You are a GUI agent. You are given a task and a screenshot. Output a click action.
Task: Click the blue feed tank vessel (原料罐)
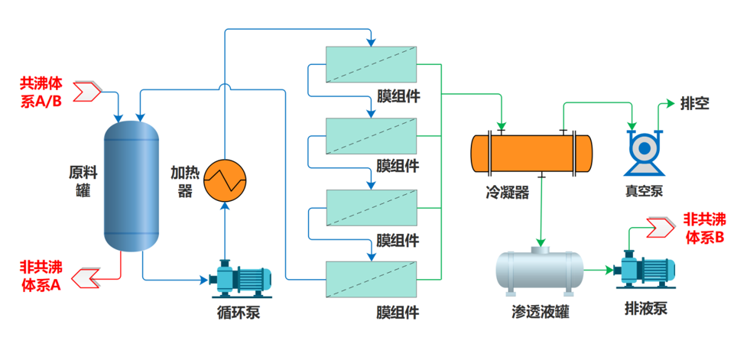pos(131,183)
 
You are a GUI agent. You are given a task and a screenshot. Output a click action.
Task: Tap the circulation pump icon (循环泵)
pos(241,279)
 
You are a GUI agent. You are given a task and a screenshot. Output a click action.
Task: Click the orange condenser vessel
pos(531,153)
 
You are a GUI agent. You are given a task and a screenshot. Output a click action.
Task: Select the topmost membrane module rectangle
pos(372,64)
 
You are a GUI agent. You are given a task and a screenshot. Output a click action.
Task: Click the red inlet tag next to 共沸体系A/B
pos(90,92)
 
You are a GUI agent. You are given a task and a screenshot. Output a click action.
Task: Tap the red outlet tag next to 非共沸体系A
pos(89,275)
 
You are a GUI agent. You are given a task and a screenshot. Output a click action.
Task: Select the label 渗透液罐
pos(541,312)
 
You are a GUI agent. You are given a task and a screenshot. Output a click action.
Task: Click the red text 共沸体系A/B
pos(41,91)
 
